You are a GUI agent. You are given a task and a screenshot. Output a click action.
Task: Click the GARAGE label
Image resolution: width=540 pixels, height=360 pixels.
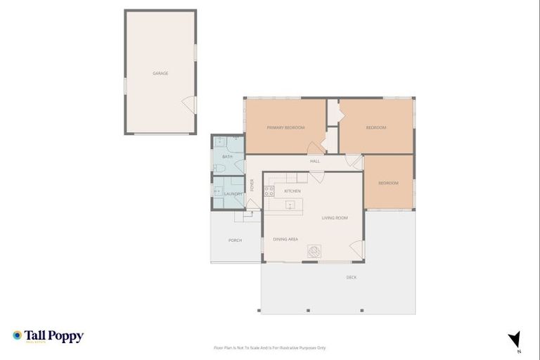click(160, 73)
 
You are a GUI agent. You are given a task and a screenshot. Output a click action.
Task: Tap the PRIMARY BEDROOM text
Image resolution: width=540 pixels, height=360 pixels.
click(285, 127)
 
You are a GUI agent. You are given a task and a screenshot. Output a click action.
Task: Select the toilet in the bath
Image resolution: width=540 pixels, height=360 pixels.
click(219, 167)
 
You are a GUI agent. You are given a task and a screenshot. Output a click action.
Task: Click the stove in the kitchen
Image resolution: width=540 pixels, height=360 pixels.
click(269, 191)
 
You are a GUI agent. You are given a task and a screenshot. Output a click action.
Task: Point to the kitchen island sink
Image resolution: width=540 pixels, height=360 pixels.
click(289, 205)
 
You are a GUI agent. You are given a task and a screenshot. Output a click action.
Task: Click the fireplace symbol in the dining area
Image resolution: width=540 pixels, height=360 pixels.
click(314, 251)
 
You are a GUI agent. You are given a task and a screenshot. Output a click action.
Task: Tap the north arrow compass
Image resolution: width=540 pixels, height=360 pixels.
click(515, 340)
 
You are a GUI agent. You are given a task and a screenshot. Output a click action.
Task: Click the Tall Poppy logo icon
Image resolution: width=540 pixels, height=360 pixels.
click(18, 336)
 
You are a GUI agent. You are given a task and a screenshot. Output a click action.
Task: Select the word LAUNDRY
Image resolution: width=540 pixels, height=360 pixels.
click(233, 194)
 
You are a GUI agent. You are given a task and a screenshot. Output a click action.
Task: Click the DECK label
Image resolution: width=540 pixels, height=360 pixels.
click(352, 277)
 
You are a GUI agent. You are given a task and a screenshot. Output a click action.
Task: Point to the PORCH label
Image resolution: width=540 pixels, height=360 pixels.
click(235, 240)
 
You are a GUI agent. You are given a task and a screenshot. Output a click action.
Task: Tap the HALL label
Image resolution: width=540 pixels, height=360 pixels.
click(315, 161)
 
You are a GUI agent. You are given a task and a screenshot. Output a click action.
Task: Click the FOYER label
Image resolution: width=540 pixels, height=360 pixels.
click(251, 186)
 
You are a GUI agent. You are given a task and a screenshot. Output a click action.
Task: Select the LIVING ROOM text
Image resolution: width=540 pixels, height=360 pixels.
click(335, 218)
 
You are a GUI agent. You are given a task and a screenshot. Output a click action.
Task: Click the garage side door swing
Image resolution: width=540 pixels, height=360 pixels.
click(188, 105)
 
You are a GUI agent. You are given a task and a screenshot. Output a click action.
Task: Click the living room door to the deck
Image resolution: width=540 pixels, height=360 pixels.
click(356, 249)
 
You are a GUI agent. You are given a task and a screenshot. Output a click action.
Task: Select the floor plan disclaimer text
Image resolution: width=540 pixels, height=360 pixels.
click(269, 347)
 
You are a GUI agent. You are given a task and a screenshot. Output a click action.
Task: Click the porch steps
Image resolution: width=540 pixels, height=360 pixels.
click(243, 217)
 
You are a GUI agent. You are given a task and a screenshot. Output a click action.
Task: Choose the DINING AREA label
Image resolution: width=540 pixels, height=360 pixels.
click(285, 239)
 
